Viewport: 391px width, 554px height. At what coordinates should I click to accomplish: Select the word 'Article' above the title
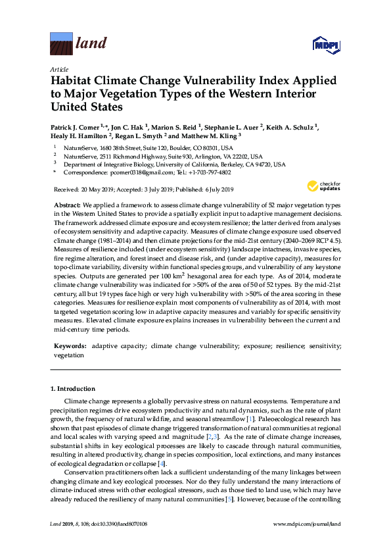coord(58,69)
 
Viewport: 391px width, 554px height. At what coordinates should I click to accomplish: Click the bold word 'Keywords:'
coord(70,345)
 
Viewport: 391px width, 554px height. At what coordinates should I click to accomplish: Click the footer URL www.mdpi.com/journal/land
coord(308,542)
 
